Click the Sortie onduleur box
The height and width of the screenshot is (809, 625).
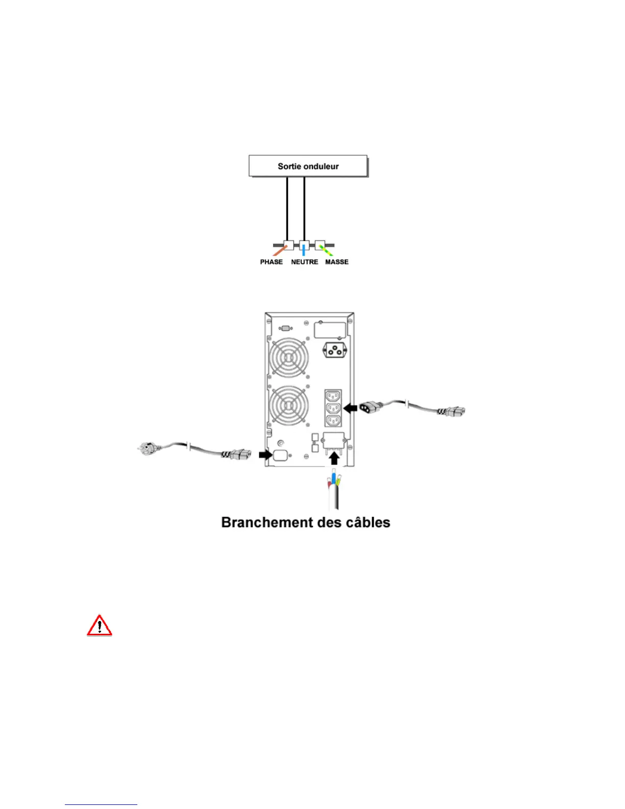click(308, 166)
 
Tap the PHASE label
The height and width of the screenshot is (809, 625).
click(271, 262)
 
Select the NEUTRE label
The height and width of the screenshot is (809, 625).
click(304, 262)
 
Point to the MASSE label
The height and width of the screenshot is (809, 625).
click(337, 262)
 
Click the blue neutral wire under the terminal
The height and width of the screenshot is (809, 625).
click(304, 250)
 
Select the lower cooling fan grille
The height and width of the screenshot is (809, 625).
click(289, 405)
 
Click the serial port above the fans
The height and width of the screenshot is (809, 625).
click(286, 328)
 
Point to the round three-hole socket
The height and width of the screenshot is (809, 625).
click(334, 351)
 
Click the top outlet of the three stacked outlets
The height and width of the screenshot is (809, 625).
click(333, 396)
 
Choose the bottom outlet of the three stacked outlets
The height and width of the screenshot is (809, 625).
click(333, 420)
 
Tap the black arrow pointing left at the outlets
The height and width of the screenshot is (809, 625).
click(350, 408)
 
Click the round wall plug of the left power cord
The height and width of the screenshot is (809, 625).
click(145, 448)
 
